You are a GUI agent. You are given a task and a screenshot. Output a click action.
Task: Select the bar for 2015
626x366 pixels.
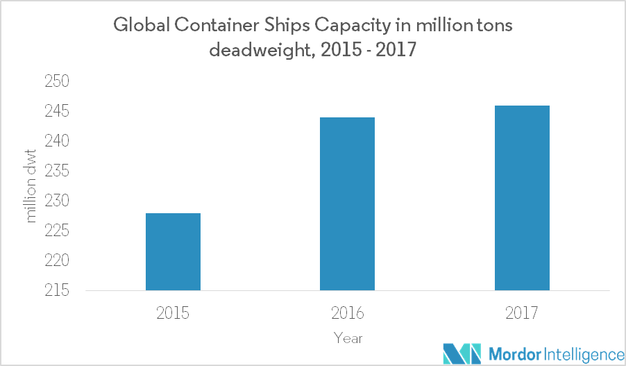pos(173,251)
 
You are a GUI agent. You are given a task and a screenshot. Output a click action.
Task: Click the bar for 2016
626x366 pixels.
pos(347,203)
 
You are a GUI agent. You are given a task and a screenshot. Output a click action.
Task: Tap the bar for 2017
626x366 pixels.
pos(522,198)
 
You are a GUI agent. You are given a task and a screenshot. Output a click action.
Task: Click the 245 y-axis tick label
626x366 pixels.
pos(60,112)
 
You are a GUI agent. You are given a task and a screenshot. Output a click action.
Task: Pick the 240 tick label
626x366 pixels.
pos(60,142)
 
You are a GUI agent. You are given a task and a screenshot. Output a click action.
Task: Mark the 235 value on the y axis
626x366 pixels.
pos(60,172)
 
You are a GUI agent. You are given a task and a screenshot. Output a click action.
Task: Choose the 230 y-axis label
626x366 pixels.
pos(60,201)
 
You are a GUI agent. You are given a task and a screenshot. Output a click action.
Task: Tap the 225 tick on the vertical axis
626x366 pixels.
pos(60,231)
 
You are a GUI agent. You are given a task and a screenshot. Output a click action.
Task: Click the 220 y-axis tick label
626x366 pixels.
pos(60,261)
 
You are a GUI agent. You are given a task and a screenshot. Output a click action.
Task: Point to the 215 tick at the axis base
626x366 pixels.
pos(60,291)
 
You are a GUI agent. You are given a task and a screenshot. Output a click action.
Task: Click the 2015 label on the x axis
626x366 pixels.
pos(173,313)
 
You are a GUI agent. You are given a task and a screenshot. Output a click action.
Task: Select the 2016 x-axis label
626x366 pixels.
pos(347,313)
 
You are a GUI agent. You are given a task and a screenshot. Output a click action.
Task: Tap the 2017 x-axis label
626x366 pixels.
pos(522,313)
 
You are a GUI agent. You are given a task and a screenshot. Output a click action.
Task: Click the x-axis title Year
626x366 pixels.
pos(347,338)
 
